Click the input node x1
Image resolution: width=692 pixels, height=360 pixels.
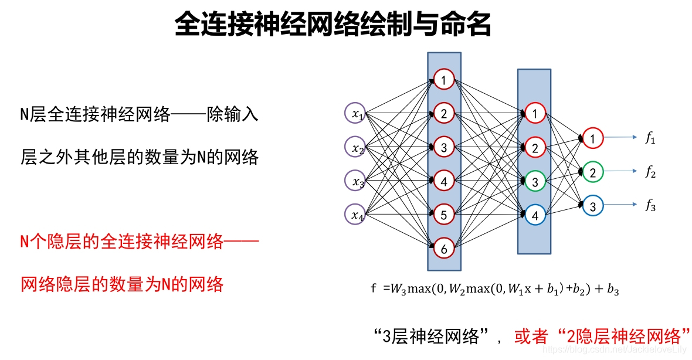point(356,115)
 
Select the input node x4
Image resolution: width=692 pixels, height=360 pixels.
point(356,215)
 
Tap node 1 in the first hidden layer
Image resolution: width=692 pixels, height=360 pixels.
point(444,80)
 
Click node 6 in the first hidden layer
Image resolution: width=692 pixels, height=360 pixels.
point(444,249)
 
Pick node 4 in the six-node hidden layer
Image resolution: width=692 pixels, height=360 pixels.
point(444,181)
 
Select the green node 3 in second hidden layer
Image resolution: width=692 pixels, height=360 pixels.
point(535,182)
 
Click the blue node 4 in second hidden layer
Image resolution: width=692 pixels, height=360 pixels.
point(535,215)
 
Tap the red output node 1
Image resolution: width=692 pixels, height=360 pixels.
point(593,138)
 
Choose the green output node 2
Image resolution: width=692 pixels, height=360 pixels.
point(593,172)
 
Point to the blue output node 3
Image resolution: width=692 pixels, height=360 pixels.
point(593,206)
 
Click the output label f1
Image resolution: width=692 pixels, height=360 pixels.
point(650,139)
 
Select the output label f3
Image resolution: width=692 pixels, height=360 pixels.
point(650,206)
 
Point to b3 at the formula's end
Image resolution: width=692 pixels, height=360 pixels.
point(613,288)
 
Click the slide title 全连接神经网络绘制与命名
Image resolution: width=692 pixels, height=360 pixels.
point(333,26)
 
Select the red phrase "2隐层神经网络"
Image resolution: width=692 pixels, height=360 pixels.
point(625,336)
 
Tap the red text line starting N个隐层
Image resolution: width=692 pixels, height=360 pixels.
point(140,241)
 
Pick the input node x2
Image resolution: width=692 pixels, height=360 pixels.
point(356,148)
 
